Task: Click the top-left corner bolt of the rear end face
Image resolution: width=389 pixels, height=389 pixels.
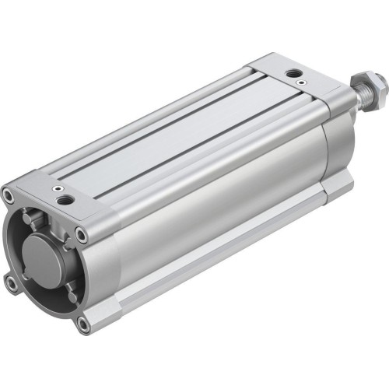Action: [9, 194]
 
